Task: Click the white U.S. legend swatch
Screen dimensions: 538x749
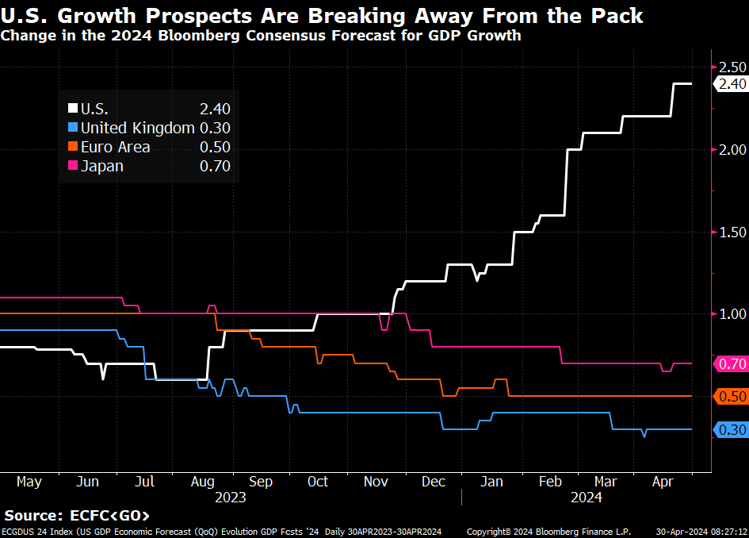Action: (x=74, y=110)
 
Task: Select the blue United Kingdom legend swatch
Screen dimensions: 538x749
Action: (x=74, y=128)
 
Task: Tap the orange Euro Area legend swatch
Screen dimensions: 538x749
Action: (x=74, y=147)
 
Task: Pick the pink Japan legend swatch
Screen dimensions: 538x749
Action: (x=74, y=166)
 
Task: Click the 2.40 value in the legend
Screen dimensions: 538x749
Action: (x=215, y=110)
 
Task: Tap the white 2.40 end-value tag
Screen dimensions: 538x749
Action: (x=729, y=84)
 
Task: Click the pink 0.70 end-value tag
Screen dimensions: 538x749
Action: (x=731, y=364)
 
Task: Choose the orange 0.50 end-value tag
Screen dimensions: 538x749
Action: (x=731, y=397)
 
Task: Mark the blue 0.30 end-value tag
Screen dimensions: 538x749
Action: (x=731, y=430)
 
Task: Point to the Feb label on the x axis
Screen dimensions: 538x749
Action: (x=551, y=482)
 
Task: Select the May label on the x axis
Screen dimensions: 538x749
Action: (x=29, y=482)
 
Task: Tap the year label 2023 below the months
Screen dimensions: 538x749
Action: (x=231, y=498)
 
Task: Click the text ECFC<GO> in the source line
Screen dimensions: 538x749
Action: (x=111, y=516)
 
